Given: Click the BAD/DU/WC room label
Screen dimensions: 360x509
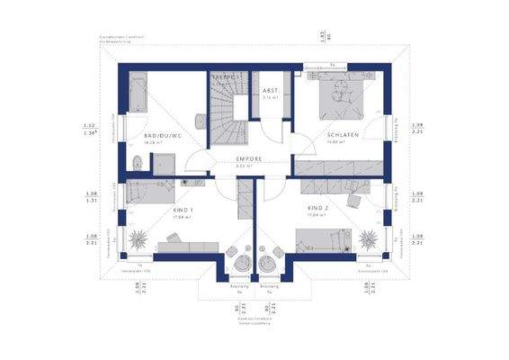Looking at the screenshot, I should point(163,137).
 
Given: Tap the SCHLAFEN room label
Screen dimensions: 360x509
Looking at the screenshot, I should point(343,136).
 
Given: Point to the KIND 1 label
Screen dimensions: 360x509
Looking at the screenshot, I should point(183,210).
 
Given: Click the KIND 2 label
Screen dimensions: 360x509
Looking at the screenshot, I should point(316,210).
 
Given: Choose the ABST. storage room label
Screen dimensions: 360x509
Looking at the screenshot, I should point(270,92).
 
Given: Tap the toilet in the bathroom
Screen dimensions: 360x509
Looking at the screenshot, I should point(136,163).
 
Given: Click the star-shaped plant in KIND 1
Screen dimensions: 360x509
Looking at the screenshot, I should point(140,239).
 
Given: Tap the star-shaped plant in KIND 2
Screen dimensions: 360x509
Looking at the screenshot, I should point(369,239).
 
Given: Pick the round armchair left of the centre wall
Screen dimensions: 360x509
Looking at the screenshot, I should point(241,260).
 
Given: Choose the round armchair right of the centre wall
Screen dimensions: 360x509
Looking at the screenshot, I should point(268,260).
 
